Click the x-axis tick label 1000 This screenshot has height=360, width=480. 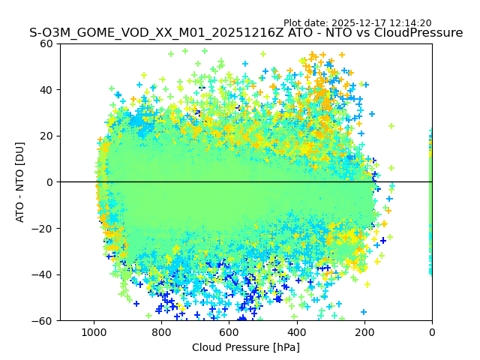[x=94, y=331]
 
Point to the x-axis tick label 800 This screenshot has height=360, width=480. [x=161, y=331]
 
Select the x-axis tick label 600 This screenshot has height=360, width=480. [x=229, y=331]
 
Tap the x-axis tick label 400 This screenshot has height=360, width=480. [x=297, y=331]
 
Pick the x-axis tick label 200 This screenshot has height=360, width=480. [x=364, y=331]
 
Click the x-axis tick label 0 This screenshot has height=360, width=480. [x=432, y=331]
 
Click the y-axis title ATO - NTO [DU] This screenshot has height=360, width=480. [x=20, y=182]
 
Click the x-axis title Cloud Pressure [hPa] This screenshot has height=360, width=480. [x=246, y=347]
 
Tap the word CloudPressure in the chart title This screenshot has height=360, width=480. [x=418, y=33]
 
